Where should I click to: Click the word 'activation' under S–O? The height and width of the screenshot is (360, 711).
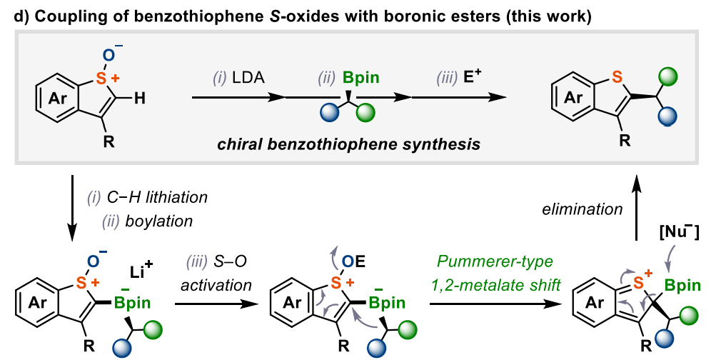(216, 286)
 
